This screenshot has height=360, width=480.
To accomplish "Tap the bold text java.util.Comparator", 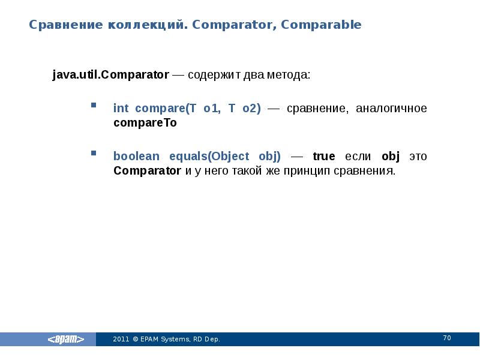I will (x=111, y=76).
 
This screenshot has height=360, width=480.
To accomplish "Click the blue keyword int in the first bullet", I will (x=121, y=109).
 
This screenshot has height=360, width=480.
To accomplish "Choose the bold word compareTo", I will (x=145, y=122).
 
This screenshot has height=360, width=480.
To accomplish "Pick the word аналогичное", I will (x=391, y=109).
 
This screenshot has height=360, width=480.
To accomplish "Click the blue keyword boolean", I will (x=137, y=157).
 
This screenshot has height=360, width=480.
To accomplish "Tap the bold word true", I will (x=324, y=157).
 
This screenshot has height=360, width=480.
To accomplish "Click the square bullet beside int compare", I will (x=94, y=106).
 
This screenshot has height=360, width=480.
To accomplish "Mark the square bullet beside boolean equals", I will (x=94, y=154).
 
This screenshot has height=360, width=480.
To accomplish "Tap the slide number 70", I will (x=447, y=338).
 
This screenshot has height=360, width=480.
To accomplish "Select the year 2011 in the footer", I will (x=121, y=340).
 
